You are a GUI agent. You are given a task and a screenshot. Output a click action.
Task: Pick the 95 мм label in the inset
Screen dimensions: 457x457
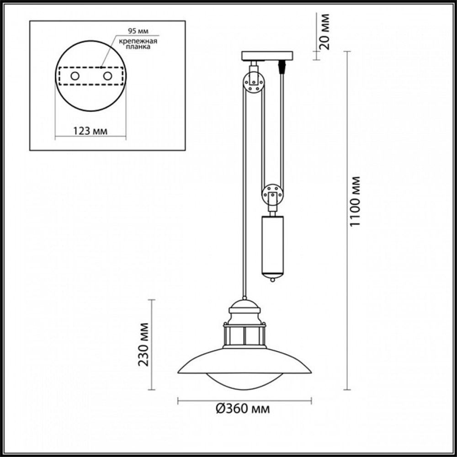click(136, 32)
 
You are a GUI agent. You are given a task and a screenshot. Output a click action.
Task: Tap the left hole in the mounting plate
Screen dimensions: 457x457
click(74, 76)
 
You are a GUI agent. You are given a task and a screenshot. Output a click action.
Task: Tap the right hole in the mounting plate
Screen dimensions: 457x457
click(107, 76)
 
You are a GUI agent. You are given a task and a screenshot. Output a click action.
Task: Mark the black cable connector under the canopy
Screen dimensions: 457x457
click(282, 67)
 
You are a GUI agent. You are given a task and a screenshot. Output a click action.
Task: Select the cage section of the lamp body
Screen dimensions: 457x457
click(244, 335)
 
